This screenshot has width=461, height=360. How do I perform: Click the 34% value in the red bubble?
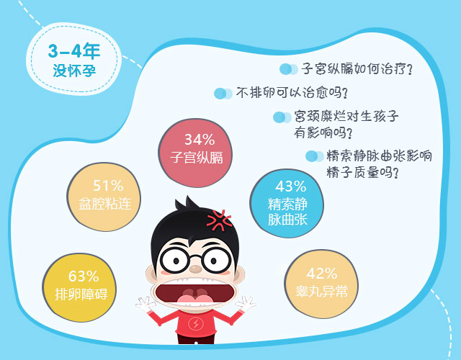tap(200, 140)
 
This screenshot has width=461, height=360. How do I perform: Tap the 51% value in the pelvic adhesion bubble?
tap(108, 186)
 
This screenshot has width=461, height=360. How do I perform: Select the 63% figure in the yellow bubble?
tap(84, 276)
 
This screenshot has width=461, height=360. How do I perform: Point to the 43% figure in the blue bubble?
tap(291, 186)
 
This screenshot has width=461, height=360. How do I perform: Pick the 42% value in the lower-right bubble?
tap(322, 274)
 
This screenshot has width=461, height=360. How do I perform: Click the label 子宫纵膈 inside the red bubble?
tap(197, 158)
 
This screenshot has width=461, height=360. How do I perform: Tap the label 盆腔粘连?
tap(105, 204)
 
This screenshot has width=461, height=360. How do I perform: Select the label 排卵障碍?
tap(81, 294)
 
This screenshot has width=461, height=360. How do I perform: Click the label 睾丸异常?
tap(322, 291)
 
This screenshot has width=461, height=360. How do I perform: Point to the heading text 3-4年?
tap(74, 51)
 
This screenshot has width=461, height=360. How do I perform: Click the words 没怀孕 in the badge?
tap(74, 71)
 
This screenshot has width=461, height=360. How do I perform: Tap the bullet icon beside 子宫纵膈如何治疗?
tap(289, 69)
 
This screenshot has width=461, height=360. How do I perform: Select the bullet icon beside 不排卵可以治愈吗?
tap(223, 94)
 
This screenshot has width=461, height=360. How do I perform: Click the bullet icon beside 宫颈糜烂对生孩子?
tap(282, 117)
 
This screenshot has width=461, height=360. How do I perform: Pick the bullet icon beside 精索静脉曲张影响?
tap(314, 156)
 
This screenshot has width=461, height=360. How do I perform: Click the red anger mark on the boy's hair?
tap(219, 220)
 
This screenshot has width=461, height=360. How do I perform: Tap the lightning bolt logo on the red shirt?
tap(195, 324)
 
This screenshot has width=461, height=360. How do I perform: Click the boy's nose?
tap(195, 269)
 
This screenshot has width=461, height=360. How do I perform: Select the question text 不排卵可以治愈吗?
tap(292, 94)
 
